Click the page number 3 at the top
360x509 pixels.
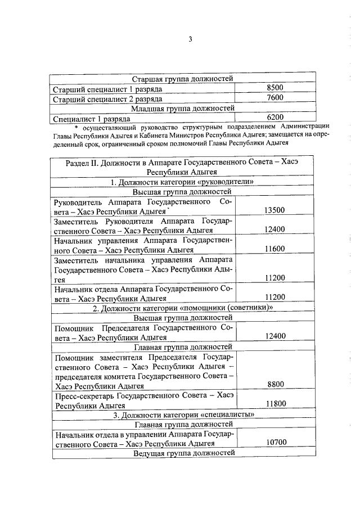coord(190,39)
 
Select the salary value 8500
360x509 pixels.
coord(274,88)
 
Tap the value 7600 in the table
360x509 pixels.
coord(274,98)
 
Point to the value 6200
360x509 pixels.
coord(274,118)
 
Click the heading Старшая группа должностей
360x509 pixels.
coord(182,79)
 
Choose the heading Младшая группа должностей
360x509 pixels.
coord(182,108)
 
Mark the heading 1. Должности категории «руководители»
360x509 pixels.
coord(182,182)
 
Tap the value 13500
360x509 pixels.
coord(274,210)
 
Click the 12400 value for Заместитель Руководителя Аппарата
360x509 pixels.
coord(274,229)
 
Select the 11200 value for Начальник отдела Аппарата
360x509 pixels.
coord(274,297)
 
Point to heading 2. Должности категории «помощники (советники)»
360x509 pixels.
coord(182,307)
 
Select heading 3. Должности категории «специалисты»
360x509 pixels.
coord(182,415)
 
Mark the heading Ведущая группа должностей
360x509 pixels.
coord(182,453)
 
